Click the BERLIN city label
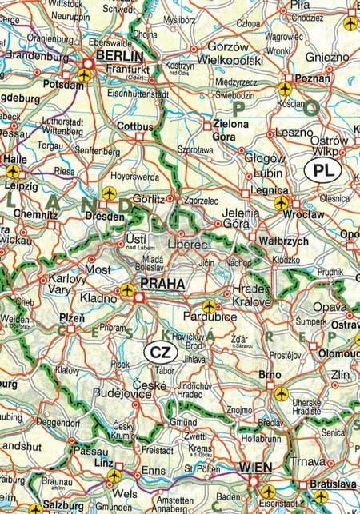pos(119,56)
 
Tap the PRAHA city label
pos(162,283)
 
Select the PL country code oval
pos(322,170)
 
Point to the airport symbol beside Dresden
pos(109,193)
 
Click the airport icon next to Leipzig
pos(12,171)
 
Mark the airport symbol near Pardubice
pos(209,305)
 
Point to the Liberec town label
pos(189,243)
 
